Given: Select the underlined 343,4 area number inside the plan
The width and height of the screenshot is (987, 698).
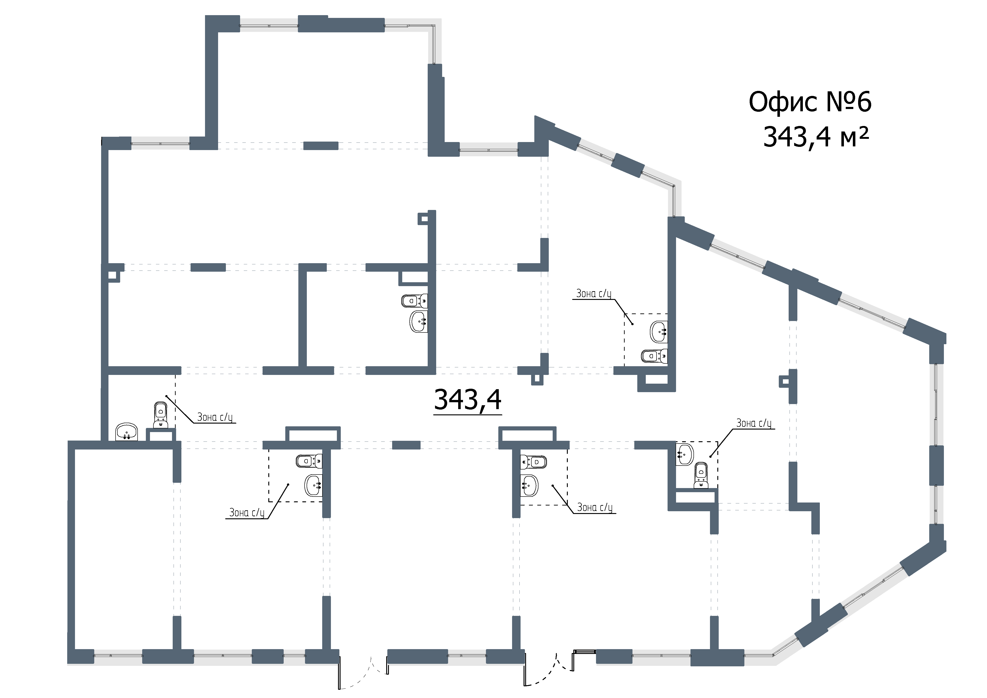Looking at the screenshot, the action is coord(468,400).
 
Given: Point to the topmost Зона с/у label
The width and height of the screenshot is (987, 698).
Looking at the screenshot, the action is coord(594,294).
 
